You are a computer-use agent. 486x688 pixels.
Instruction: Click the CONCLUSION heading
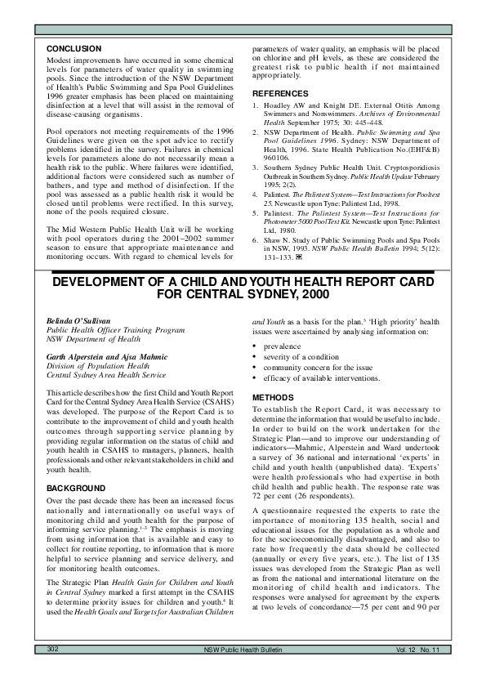pyautogui.click(x=74, y=50)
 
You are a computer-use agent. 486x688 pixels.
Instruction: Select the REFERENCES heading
pyautogui.click(x=281, y=95)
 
